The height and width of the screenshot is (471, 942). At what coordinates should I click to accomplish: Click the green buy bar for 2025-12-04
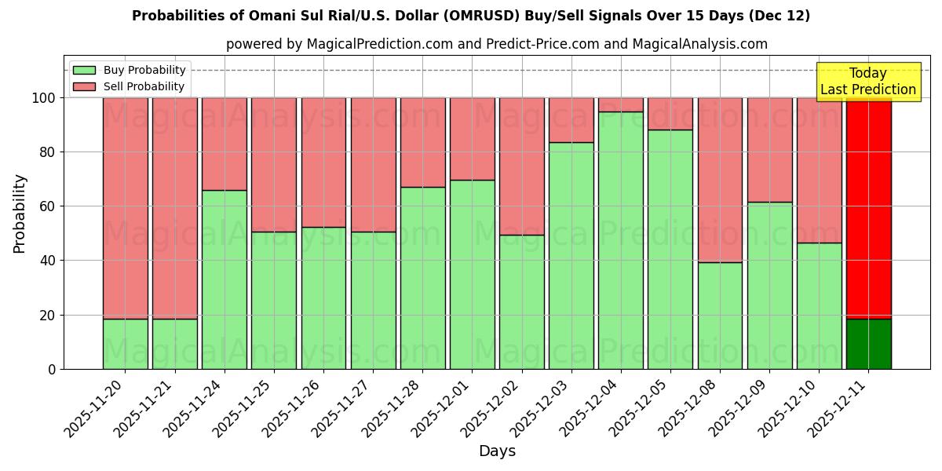point(621,240)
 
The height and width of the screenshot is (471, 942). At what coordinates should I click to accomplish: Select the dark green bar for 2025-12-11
point(869,344)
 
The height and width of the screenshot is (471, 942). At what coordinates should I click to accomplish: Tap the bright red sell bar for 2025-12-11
point(869,208)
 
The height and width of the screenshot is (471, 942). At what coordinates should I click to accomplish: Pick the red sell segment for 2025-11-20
point(125,208)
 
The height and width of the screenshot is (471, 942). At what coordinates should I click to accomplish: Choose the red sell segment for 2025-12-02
point(521,166)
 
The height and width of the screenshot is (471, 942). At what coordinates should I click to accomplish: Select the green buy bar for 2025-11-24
point(224,279)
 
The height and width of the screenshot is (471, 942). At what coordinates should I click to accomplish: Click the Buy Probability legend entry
point(144,70)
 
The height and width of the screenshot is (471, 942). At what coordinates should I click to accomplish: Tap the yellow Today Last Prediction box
point(868,82)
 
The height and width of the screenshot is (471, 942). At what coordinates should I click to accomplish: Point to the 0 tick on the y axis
point(52,369)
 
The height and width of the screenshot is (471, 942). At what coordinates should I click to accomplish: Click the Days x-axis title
point(497,451)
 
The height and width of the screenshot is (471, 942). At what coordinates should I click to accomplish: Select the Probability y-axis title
point(20,214)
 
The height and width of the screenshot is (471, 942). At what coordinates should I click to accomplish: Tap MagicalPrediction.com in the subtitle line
point(379,44)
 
